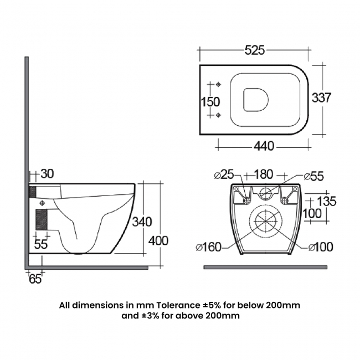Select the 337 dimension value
(322, 98)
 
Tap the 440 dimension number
(264, 146)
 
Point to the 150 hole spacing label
(210, 102)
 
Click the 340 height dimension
(142, 222)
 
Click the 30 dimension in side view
(47, 174)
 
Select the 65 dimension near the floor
(35, 279)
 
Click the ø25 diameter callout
(224, 176)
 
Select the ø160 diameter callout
(209, 247)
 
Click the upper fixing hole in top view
(218, 85)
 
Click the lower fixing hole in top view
(218, 115)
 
